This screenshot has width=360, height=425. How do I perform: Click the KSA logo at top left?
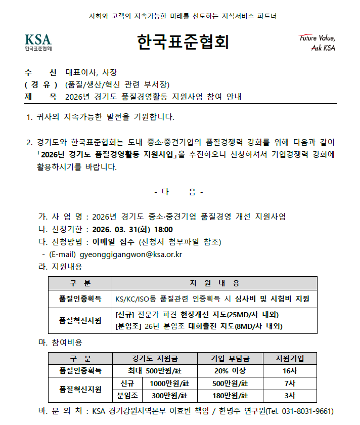tap(38, 42)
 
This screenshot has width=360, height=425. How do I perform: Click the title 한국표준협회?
tap(183, 42)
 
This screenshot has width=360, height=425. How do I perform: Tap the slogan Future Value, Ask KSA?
tap(317, 43)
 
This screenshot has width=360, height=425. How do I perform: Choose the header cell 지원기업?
tap(290, 359)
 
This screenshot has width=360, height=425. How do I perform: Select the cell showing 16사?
tap(290, 371)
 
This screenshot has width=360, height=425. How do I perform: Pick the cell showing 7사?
tap(290, 383)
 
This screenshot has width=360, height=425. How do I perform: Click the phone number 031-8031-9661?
tap(308, 410)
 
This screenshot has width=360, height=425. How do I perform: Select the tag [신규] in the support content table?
tap(126, 315)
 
